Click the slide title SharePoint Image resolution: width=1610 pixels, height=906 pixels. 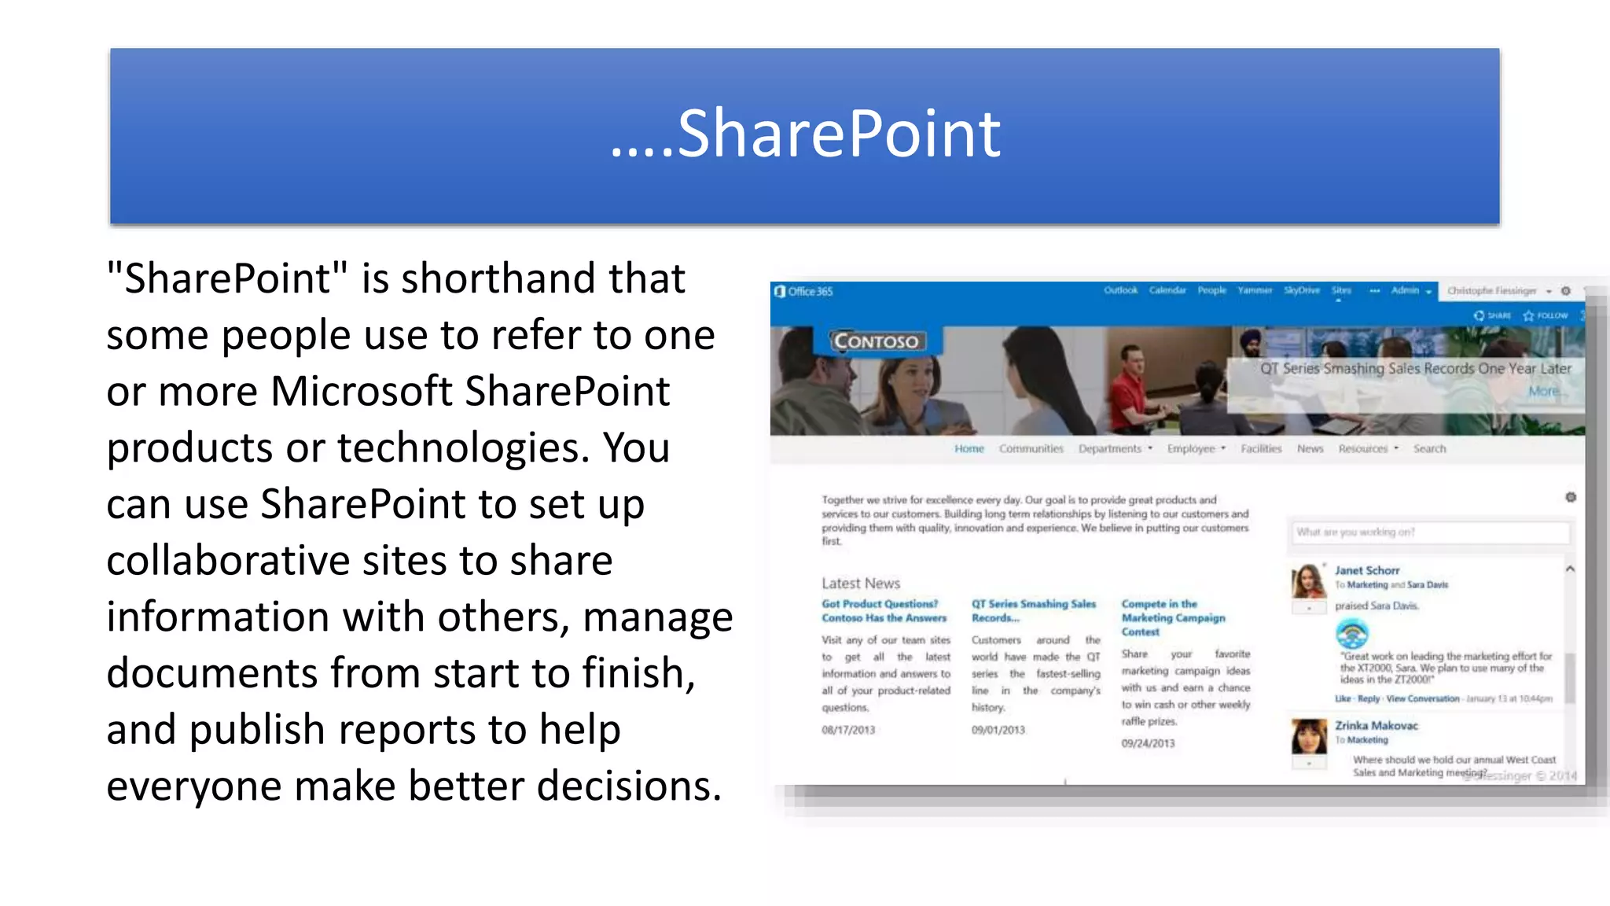[806, 134]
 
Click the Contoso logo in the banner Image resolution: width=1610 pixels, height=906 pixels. [876, 341]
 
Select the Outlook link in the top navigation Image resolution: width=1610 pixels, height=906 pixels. [1120, 290]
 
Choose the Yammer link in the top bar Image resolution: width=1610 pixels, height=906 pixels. [1255, 290]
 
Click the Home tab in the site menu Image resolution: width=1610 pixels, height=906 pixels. [969, 448]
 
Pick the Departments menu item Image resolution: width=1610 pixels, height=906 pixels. [1110, 448]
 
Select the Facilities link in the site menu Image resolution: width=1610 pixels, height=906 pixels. [1261, 448]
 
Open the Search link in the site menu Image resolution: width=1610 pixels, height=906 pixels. [1429, 448]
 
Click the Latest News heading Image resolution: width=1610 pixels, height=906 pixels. [861, 584]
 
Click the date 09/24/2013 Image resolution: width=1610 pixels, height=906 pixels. [1148, 743]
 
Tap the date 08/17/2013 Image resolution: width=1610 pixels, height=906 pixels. [848, 730]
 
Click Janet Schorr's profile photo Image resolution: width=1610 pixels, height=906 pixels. [1308, 581]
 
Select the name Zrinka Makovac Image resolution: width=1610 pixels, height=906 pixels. [1377, 725]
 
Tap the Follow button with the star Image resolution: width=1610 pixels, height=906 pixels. [1546, 315]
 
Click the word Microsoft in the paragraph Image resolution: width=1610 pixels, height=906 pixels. [362, 392]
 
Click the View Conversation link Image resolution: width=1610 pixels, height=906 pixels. [1423, 698]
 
